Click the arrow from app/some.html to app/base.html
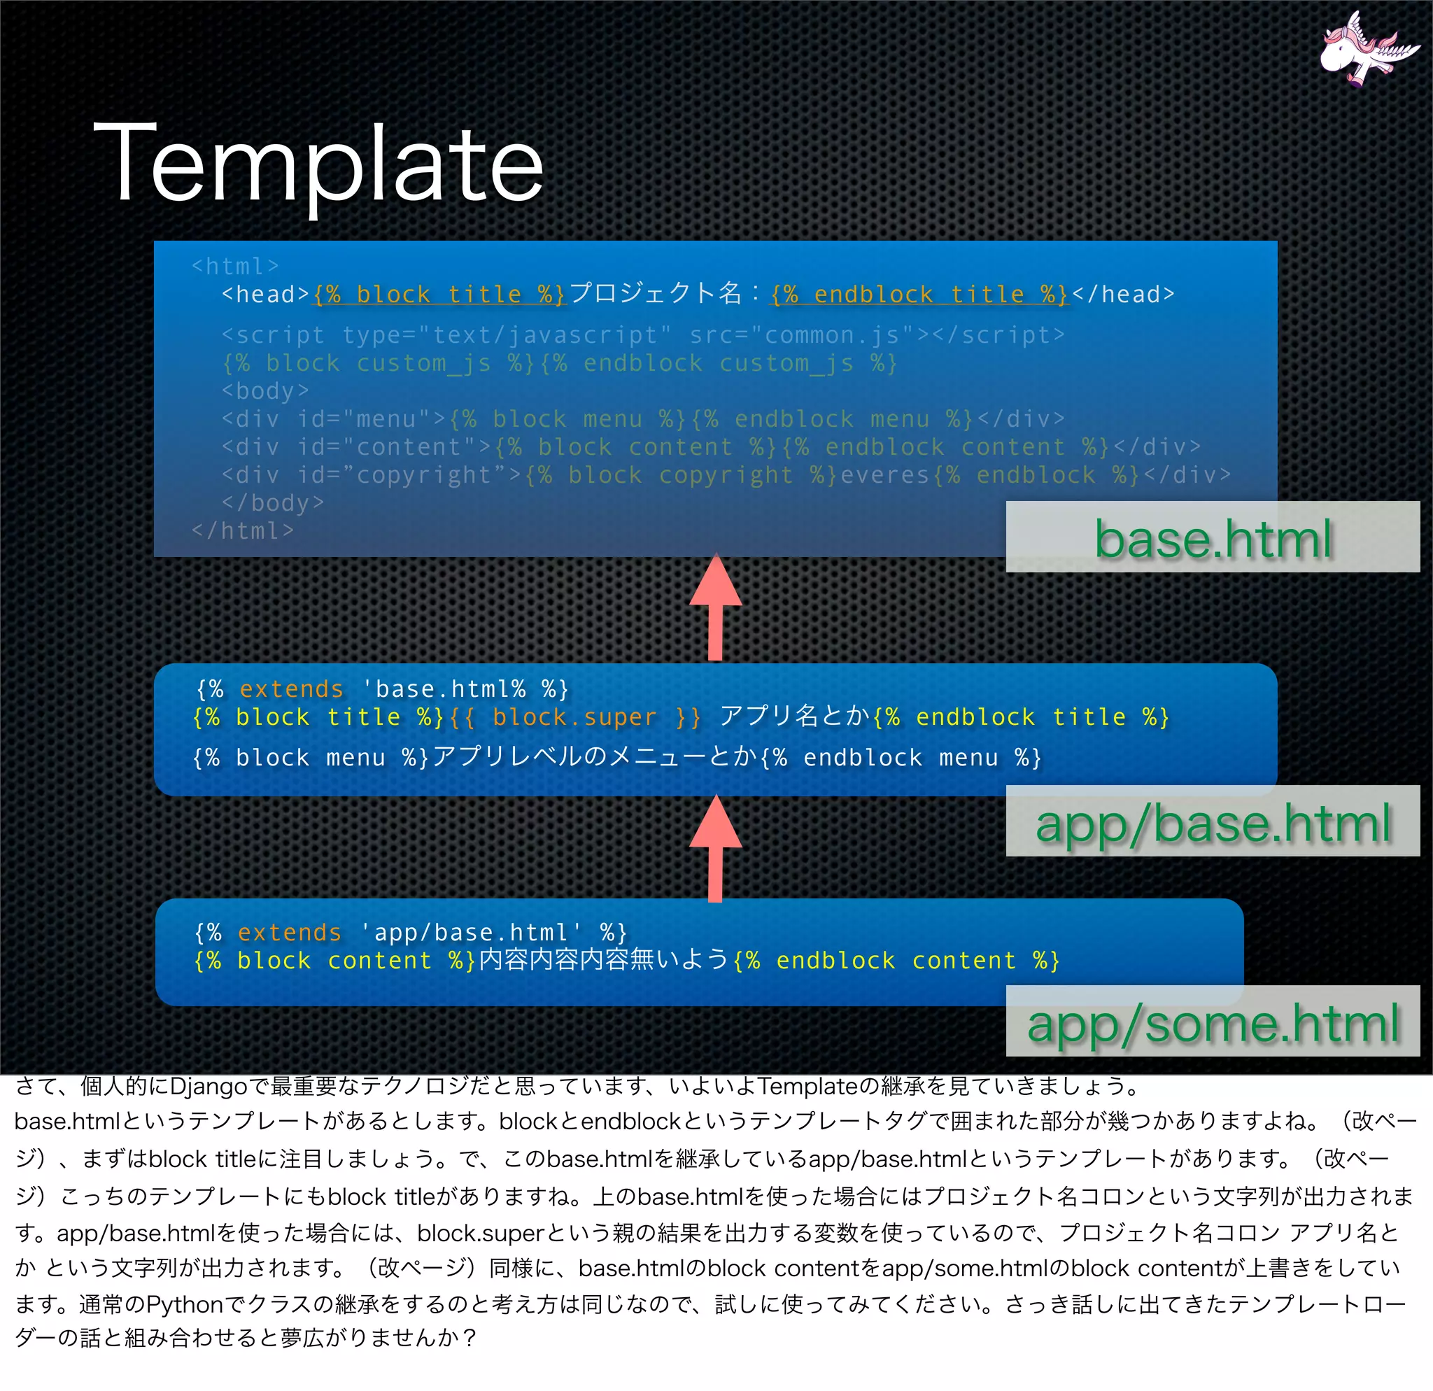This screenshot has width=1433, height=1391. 716,849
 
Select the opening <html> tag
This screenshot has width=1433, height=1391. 234,266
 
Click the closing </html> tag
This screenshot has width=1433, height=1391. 242,530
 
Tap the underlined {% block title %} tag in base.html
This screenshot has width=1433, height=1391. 439,295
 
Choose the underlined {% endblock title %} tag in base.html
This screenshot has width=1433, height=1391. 919,295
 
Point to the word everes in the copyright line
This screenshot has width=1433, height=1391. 884,475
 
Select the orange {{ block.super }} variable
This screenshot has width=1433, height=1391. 574,717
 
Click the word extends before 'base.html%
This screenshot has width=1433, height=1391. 291,689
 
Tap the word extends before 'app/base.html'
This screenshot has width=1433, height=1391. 290,933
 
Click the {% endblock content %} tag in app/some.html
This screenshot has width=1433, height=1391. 896,961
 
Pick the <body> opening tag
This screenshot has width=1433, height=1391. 265,391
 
